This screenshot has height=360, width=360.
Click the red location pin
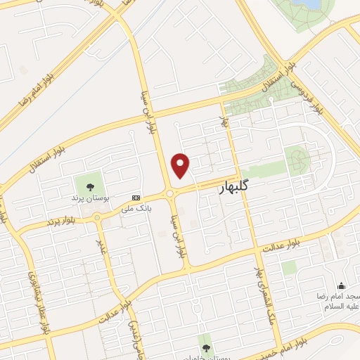tap(181, 165)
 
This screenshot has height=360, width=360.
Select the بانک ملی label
tap(136, 209)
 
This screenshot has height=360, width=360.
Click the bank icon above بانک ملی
tap(136, 198)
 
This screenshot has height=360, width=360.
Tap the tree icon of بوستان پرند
tap(89, 187)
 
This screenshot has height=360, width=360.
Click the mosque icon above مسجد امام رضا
tap(342, 285)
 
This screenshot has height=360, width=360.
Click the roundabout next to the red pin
tap(171, 193)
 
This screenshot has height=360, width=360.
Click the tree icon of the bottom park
tap(205, 347)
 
